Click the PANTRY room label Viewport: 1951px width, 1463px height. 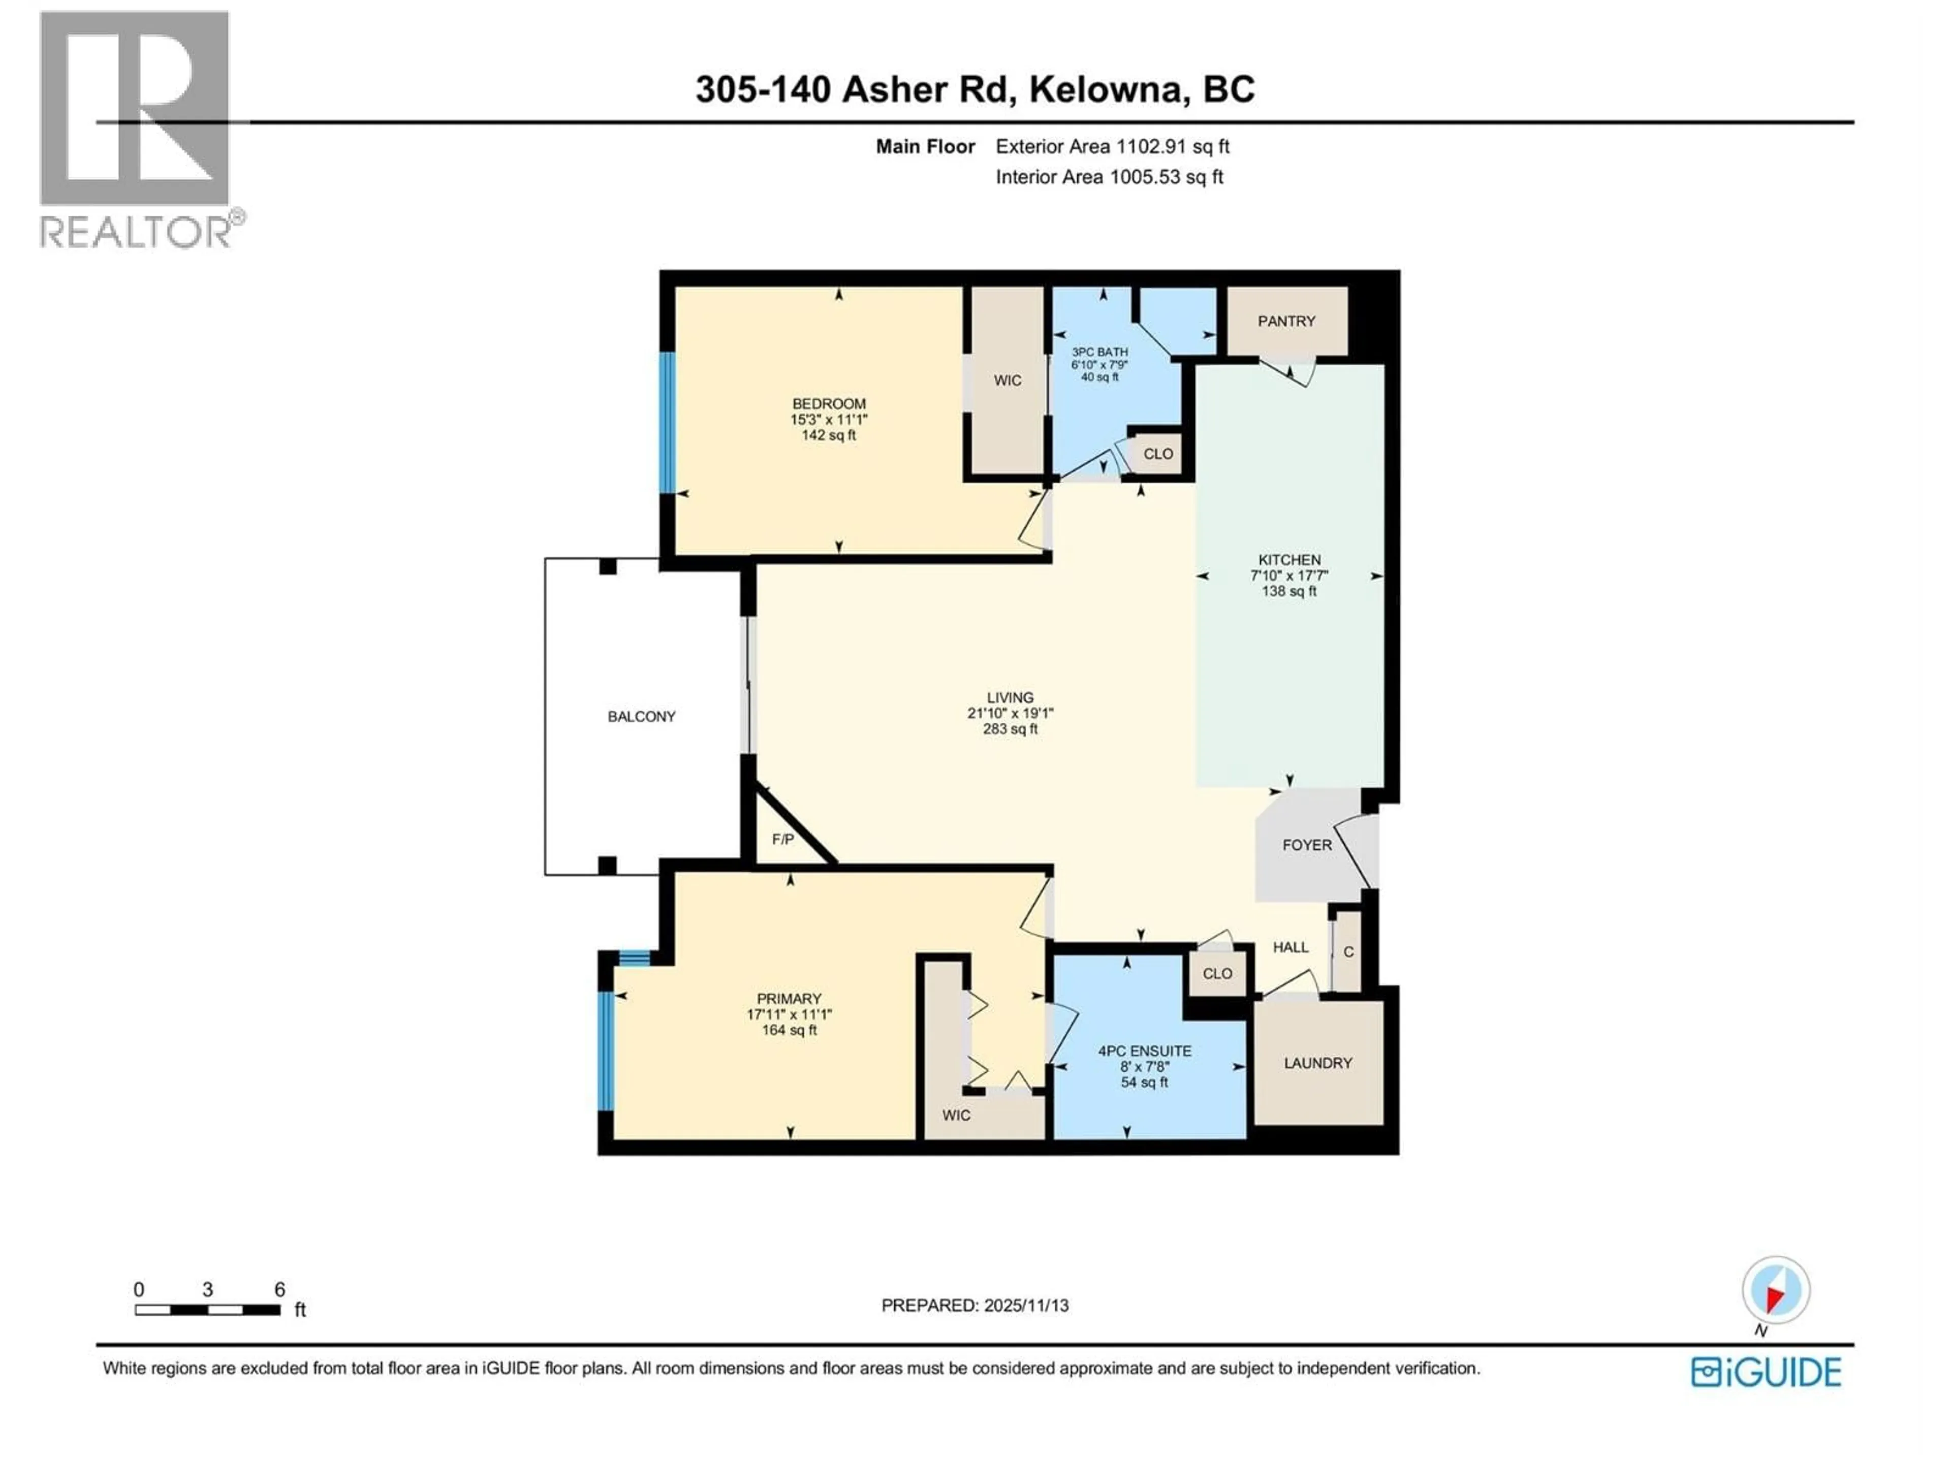click(1286, 321)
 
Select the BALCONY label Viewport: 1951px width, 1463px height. click(641, 717)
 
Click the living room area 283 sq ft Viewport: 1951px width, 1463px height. click(1010, 729)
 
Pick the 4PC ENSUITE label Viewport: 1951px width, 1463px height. click(1144, 1051)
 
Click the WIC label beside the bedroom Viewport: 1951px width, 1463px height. click(1007, 380)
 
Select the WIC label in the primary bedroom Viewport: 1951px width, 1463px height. click(956, 1116)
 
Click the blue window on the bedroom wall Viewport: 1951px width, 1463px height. click(668, 423)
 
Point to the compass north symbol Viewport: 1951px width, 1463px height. click(1776, 1290)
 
